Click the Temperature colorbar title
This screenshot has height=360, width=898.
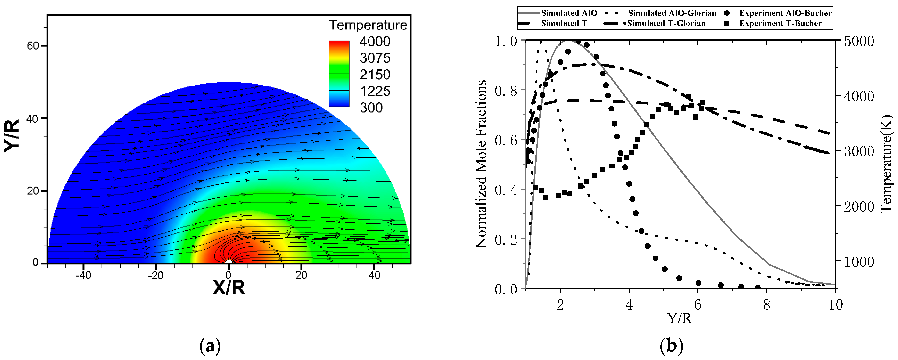pos(368,25)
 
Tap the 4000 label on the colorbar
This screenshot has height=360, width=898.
pos(375,42)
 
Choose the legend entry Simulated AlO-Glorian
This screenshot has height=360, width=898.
pos(672,13)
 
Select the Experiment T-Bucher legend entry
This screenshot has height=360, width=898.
pos(780,23)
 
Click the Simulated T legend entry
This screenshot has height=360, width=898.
pos(564,23)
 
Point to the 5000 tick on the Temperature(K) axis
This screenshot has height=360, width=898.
pos(859,41)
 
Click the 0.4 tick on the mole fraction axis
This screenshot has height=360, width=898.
pos(505,189)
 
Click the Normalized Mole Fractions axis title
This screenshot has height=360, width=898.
pos(481,164)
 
